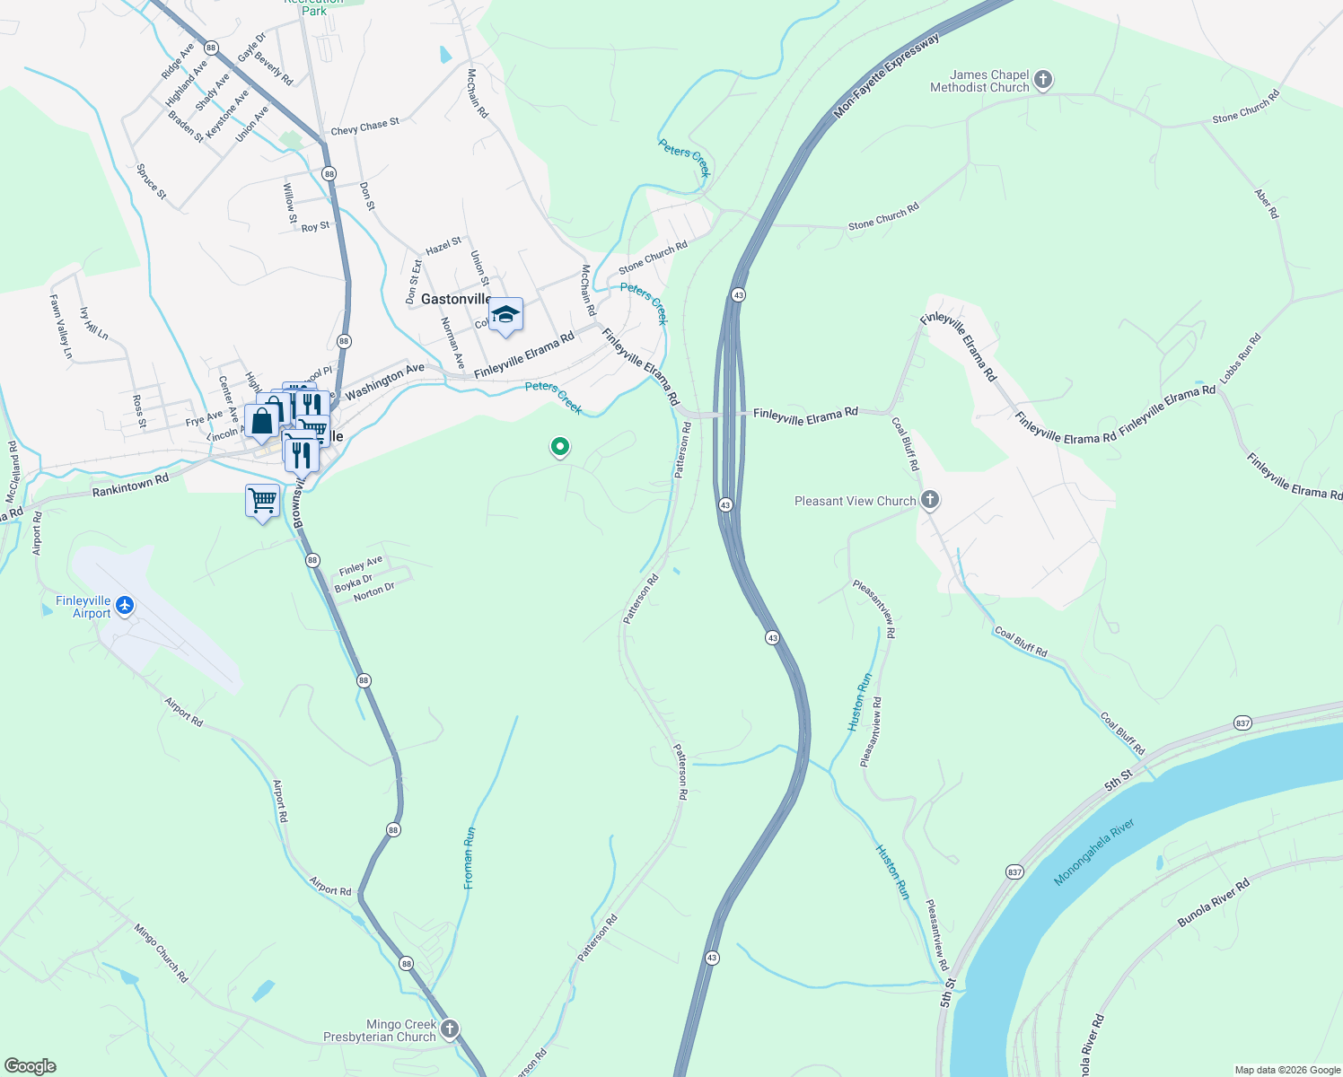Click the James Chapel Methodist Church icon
click(1042, 80)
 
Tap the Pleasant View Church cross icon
click(930, 500)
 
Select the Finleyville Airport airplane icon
click(124, 606)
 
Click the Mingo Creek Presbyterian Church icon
click(449, 1029)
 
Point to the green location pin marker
click(560, 446)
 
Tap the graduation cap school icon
click(505, 315)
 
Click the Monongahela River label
click(1094, 852)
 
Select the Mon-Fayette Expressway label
click(886, 76)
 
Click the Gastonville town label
click(456, 299)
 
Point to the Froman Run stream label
click(469, 858)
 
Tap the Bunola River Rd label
click(1214, 904)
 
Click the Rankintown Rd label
click(130, 486)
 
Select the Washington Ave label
click(384, 381)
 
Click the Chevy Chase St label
click(364, 127)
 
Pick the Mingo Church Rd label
click(162, 952)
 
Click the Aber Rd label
click(1267, 204)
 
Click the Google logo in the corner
click(31, 1066)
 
